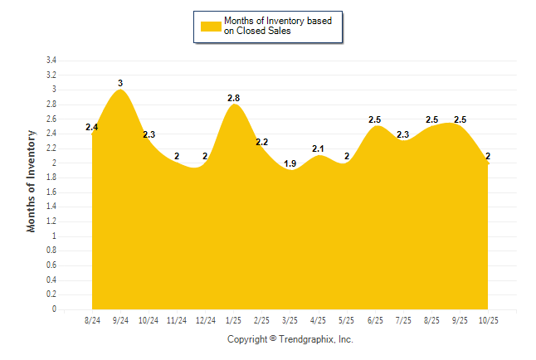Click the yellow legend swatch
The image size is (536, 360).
(x=211, y=26)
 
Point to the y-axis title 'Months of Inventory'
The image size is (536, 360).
(x=32, y=180)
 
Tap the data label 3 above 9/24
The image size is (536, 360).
(x=120, y=83)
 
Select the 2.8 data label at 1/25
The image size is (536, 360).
(x=234, y=98)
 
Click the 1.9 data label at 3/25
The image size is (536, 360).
(x=290, y=164)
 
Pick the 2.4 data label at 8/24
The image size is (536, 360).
(x=92, y=127)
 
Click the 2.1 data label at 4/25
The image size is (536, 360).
(x=319, y=149)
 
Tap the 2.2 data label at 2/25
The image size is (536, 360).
(x=262, y=142)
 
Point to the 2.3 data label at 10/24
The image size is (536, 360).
(x=149, y=134)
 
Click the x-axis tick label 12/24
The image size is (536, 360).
(x=205, y=321)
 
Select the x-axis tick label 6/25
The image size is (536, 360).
(x=375, y=321)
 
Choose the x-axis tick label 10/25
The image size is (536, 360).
(x=488, y=321)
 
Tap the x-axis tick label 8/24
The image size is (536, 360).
(x=92, y=321)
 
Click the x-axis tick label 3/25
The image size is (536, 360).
(x=290, y=321)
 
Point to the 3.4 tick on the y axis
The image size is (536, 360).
(x=51, y=61)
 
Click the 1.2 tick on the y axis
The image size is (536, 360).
(x=51, y=221)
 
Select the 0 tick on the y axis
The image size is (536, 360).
(x=54, y=309)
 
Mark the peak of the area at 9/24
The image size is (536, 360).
(x=121, y=90)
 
